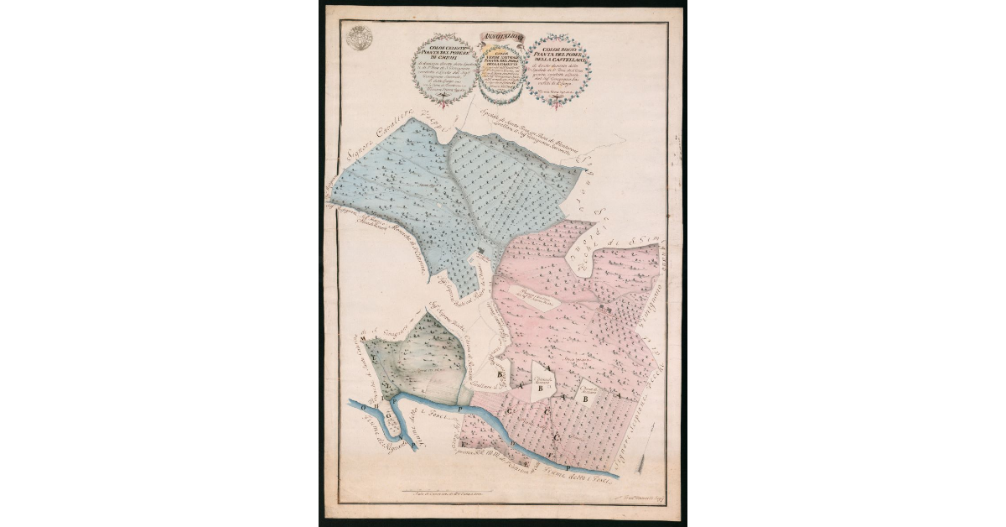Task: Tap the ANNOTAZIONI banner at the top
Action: click(502, 36)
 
